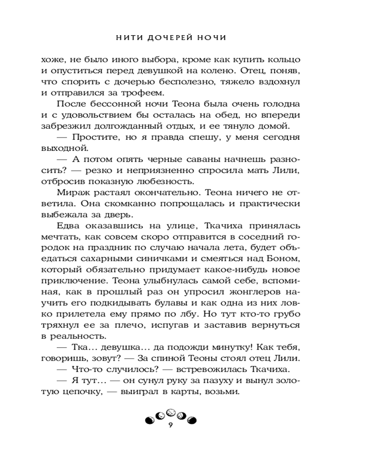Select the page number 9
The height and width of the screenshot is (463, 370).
[x=171, y=425]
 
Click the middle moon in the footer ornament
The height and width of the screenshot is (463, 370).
[x=171, y=411]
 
